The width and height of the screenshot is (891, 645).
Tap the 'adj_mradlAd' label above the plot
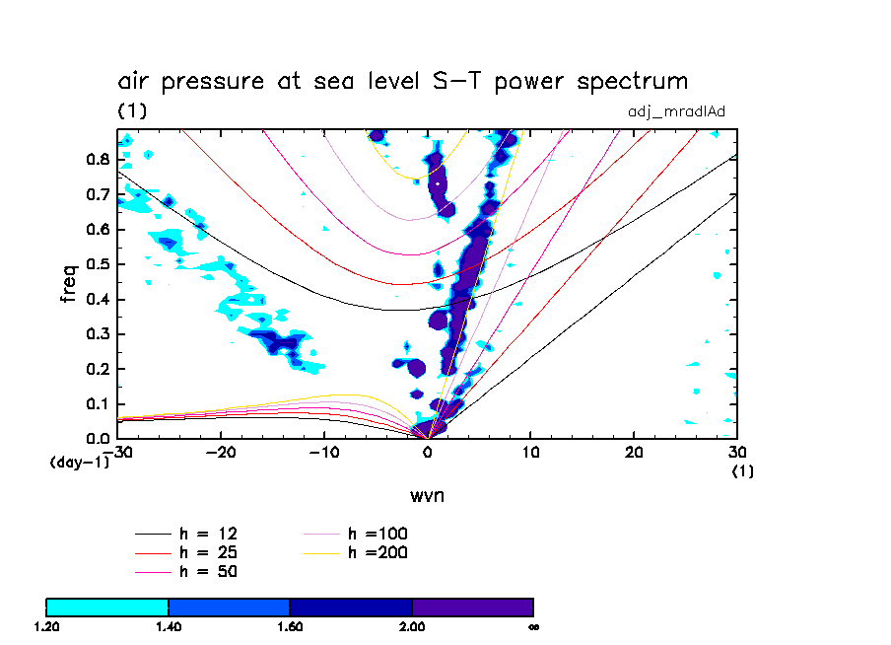(x=676, y=111)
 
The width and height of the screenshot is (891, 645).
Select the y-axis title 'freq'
(x=69, y=280)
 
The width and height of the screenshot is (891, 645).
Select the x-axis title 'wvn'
(x=427, y=494)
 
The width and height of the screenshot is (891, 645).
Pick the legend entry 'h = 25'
(x=207, y=552)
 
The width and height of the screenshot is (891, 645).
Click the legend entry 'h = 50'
(x=207, y=571)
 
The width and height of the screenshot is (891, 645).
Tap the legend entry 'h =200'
(x=377, y=552)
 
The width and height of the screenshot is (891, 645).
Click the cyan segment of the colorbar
(x=107, y=607)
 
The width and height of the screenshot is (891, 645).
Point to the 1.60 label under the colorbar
(x=290, y=626)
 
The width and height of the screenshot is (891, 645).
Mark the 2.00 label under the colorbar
(x=412, y=626)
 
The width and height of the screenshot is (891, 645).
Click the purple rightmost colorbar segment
(x=472, y=607)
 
